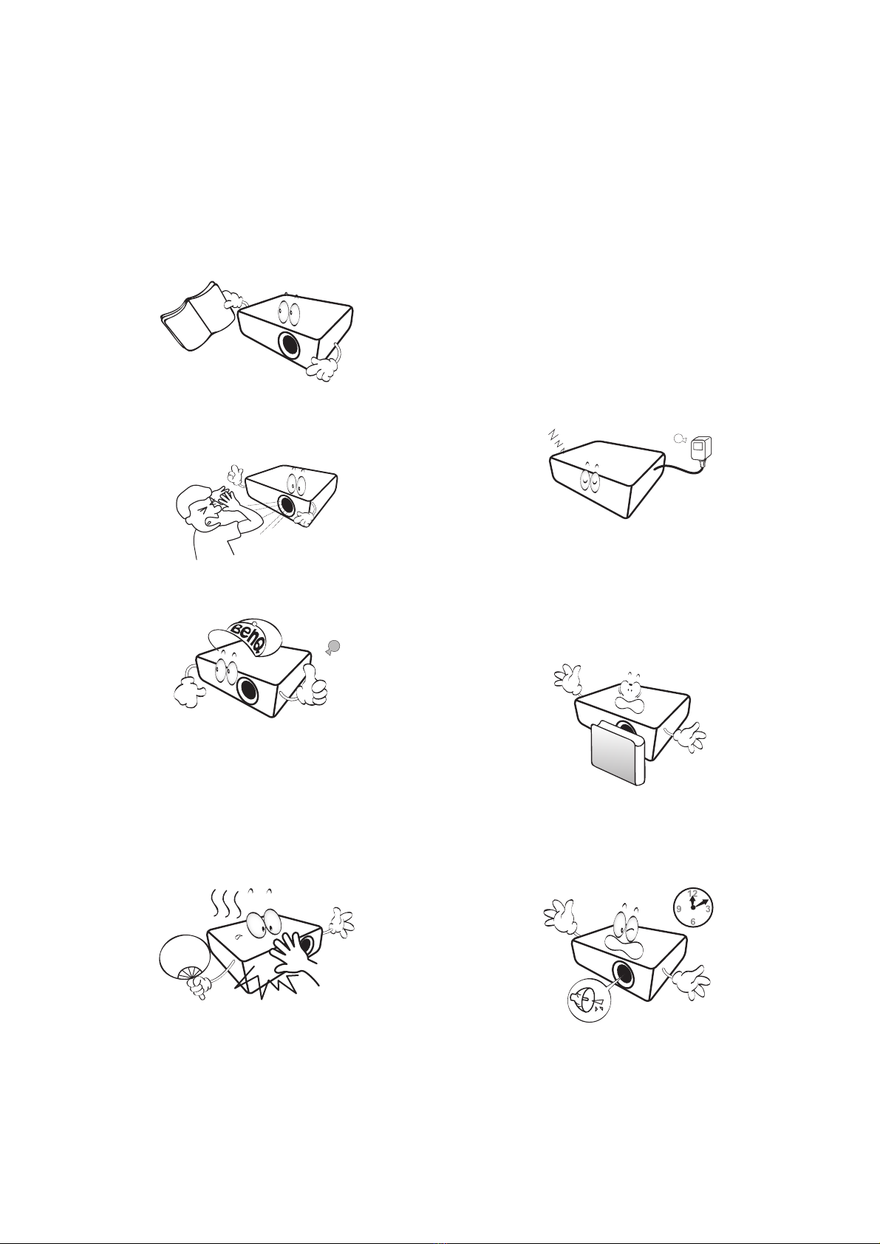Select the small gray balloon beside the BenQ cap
(x=333, y=646)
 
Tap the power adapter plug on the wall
(x=700, y=447)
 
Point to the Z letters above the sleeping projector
(x=556, y=439)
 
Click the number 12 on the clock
(x=692, y=893)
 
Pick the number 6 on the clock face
(x=692, y=922)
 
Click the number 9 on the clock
(x=679, y=909)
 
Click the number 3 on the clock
(x=708, y=909)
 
